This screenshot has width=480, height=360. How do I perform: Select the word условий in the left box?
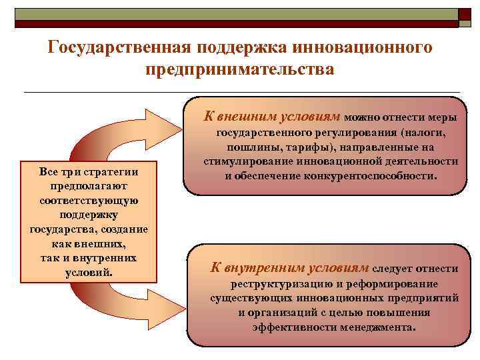point(89,273)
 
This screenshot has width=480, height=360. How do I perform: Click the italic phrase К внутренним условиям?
point(290,268)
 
